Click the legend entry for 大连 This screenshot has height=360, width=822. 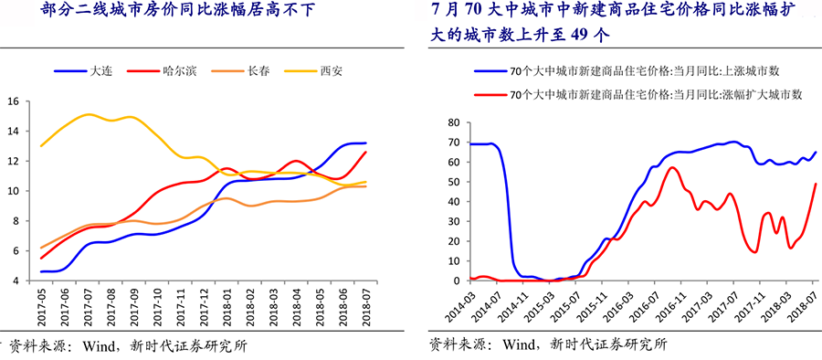point(101,70)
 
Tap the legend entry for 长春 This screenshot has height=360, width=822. point(258,70)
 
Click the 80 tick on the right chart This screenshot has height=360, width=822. point(453,122)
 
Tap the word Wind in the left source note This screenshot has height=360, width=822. point(100,346)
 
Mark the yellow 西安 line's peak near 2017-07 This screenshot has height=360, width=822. point(88,114)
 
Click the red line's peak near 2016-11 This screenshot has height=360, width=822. point(672,167)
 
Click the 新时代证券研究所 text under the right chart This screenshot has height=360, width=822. point(608,344)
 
